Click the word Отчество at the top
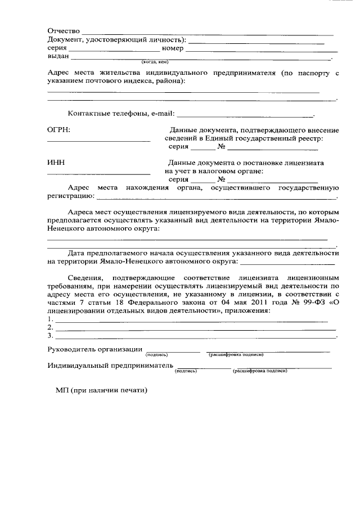65,30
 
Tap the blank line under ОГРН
98,141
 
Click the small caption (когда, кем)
155,61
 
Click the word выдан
58,57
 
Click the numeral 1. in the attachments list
51,319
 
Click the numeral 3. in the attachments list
51,336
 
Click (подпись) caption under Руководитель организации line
157,355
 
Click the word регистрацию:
71,197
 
